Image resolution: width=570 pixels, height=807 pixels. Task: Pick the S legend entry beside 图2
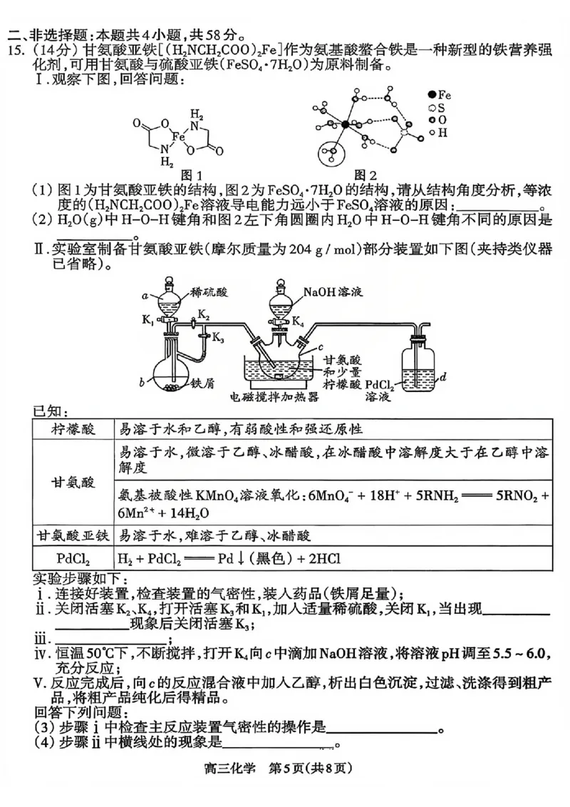(439, 107)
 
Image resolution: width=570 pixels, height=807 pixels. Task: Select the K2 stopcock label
(203, 314)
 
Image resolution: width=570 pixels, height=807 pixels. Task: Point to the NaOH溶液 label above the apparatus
(333, 292)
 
